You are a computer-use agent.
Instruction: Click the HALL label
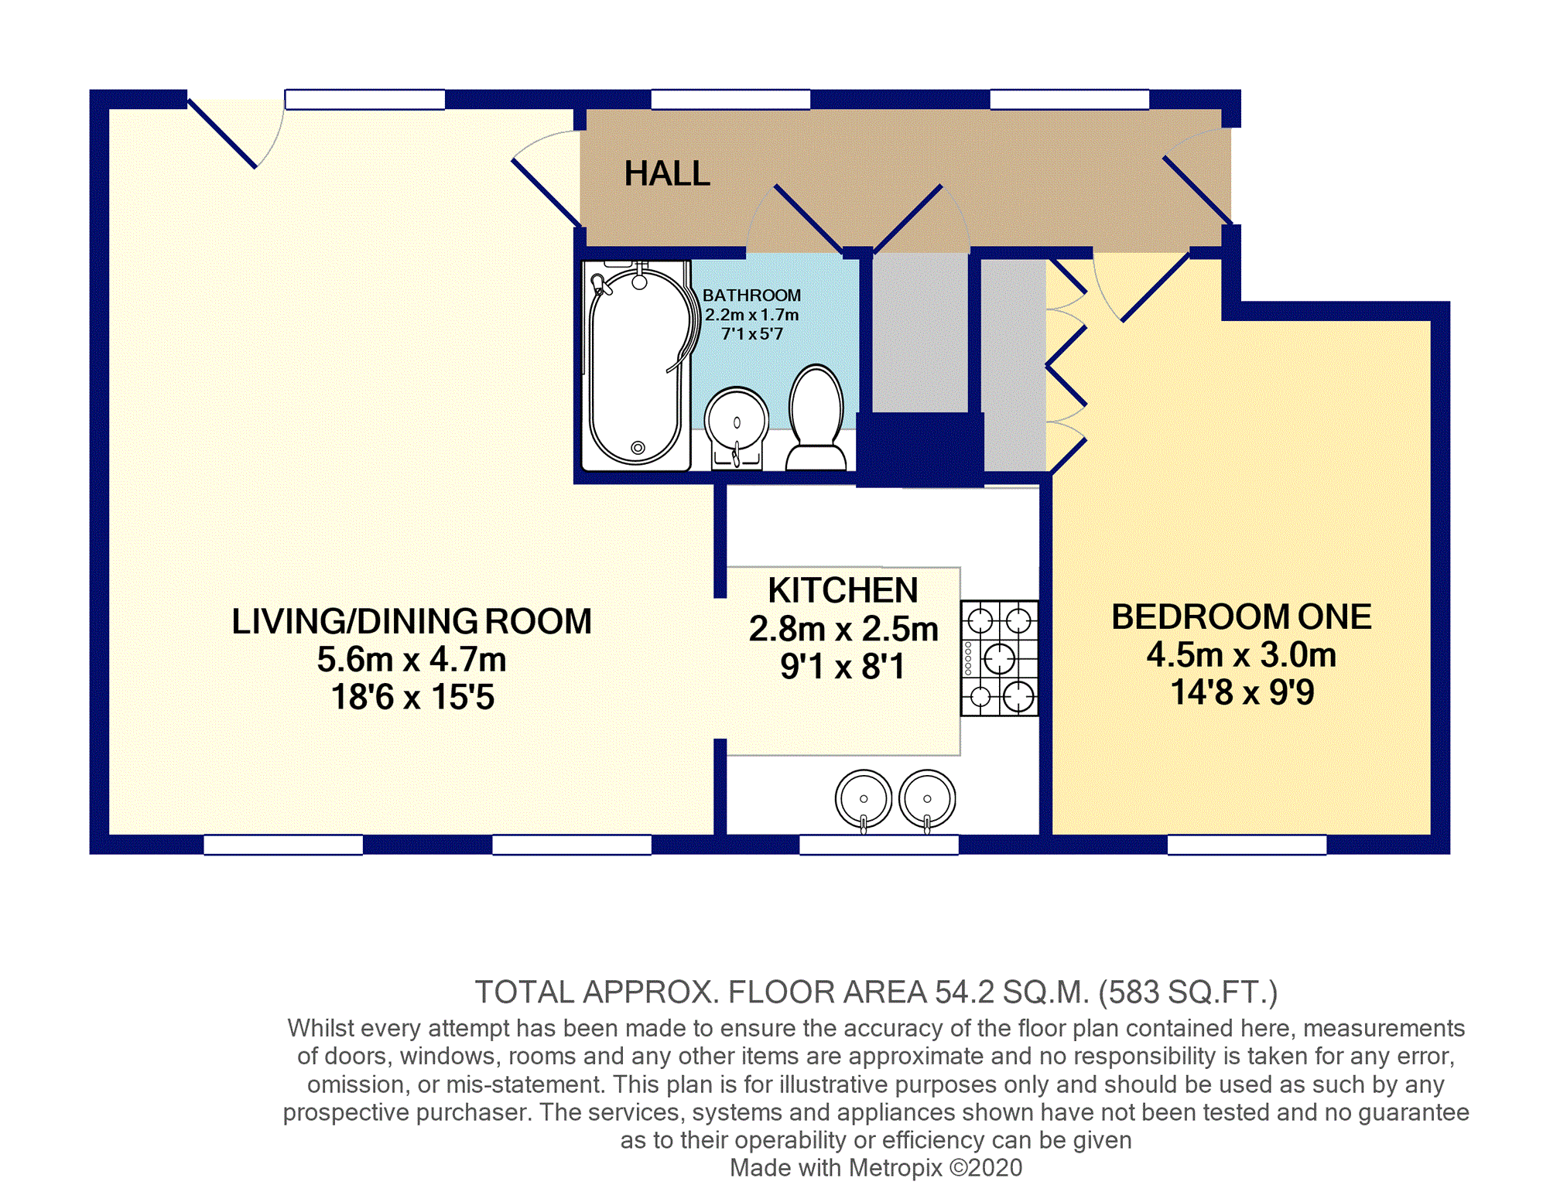[667, 173]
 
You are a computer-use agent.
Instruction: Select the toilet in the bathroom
[816, 418]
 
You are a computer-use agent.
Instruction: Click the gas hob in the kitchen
[999, 658]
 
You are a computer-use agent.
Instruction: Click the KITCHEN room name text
[843, 590]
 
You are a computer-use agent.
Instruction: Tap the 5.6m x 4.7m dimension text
[412, 660]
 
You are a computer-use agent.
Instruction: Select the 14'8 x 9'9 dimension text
[1242, 692]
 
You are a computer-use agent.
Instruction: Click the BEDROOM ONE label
[1241, 616]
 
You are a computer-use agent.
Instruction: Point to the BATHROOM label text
[751, 295]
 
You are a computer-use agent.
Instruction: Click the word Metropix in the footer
[895, 1167]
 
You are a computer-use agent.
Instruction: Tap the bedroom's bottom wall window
[1247, 845]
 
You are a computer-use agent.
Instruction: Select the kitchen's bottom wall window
[878, 845]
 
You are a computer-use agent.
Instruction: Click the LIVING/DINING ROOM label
[412, 621]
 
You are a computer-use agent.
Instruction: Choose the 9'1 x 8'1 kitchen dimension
[843, 666]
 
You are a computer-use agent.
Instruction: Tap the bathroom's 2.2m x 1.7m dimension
[751, 315]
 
